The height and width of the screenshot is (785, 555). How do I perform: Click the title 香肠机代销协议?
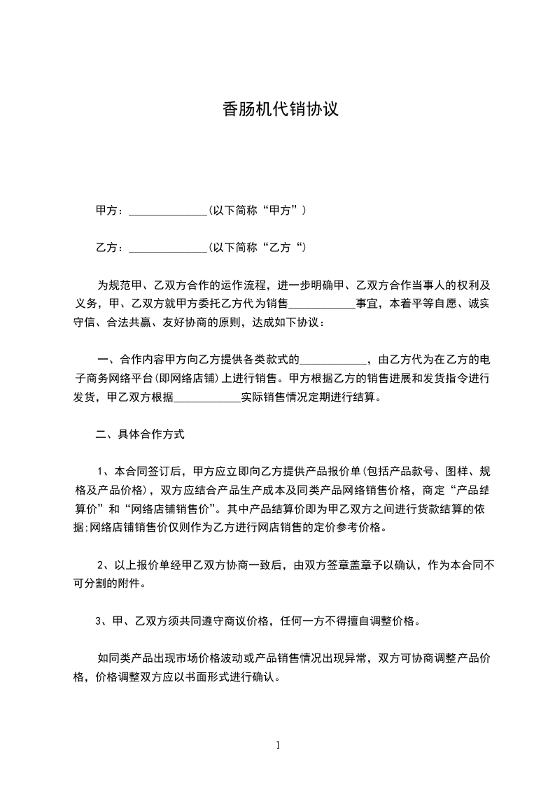(x=281, y=109)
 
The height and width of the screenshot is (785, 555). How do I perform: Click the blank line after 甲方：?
(x=168, y=210)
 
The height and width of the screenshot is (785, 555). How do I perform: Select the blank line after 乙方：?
(x=168, y=248)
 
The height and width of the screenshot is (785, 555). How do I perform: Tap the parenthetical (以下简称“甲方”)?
(x=258, y=210)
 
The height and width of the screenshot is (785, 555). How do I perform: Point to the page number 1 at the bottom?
(x=278, y=744)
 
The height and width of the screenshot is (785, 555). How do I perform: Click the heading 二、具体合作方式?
(x=140, y=434)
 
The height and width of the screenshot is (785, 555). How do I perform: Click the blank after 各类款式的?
(x=333, y=361)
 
